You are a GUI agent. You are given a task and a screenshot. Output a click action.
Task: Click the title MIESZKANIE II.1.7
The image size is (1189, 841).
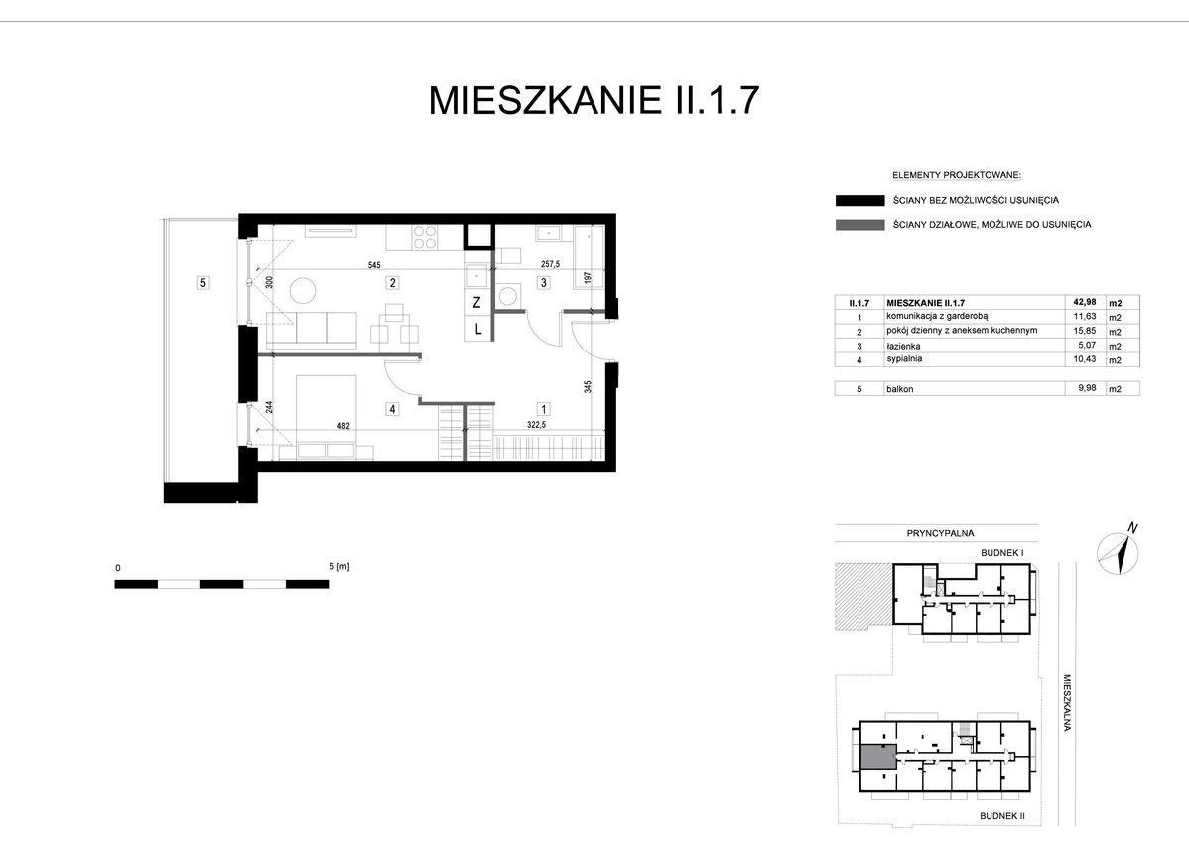pos(594,101)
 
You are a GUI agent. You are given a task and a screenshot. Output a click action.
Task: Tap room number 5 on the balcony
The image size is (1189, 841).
pos(202,283)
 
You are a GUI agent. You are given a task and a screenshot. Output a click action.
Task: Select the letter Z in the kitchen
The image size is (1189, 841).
pos(477,302)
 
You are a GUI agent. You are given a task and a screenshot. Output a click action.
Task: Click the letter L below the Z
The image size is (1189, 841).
pos(477,329)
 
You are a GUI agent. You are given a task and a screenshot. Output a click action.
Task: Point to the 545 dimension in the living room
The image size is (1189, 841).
pos(374,265)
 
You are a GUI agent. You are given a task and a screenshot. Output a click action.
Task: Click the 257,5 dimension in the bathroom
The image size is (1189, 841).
pos(550,265)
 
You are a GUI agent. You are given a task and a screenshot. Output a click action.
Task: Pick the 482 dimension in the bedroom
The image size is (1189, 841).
pos(343,426)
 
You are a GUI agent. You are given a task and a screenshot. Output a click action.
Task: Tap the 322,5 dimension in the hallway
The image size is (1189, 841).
pos(536,425)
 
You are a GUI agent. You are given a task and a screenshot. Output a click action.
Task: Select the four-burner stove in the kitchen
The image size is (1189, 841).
pos(426,238)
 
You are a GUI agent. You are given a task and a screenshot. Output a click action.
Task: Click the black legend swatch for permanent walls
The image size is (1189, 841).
pos(859,201)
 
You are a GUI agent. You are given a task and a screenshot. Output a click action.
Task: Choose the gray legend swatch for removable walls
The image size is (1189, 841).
pos(859,225)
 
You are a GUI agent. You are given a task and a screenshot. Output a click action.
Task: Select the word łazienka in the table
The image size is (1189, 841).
pos(903,346)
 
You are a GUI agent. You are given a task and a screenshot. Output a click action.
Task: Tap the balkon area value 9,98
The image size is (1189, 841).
pos(1078,389)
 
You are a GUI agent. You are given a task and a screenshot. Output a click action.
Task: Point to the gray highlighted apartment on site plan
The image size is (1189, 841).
pos(878,756)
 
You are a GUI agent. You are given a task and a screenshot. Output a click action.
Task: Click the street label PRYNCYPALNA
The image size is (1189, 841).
pos(940,533)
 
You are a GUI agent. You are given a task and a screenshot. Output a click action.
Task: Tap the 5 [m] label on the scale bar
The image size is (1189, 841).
pos(339,567)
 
